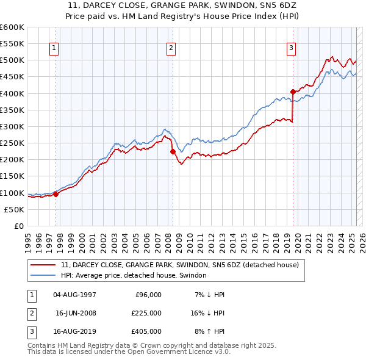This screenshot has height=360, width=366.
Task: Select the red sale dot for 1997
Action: point(56,194)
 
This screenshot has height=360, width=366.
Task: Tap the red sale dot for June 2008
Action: point(173,151)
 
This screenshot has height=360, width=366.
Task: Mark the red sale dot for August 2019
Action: point(293,92)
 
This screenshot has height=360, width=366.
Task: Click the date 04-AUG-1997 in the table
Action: point(75,295)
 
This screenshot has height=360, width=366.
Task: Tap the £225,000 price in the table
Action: point(147,313)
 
